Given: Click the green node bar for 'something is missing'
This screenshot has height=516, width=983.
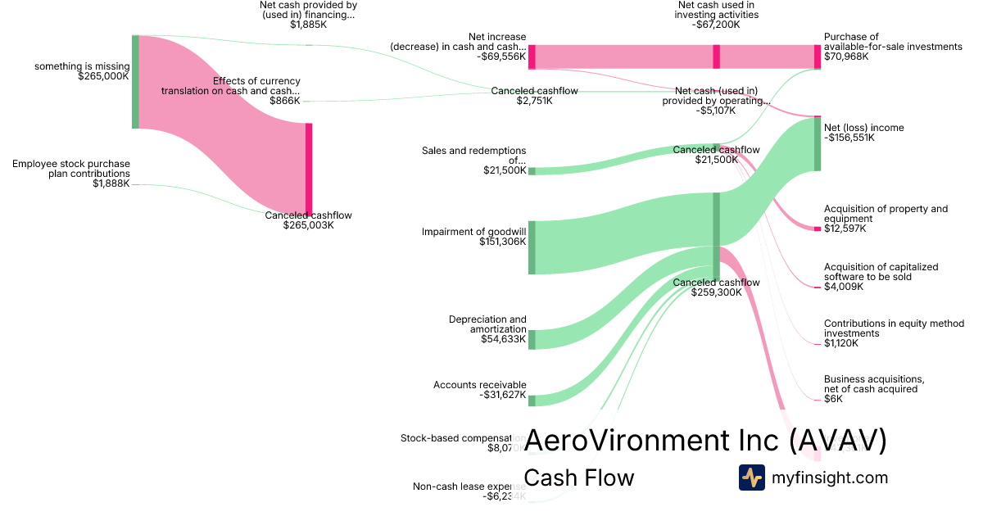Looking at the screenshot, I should tap(135, 82).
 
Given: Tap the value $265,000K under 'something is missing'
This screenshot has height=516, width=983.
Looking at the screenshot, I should tap(104, 76).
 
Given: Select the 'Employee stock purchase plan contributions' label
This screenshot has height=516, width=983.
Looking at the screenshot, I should tap(71, 169).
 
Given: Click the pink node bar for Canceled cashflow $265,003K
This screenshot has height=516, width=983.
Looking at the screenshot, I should tap(309, 168).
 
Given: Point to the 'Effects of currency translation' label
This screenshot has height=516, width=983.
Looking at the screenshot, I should tap(231, 86).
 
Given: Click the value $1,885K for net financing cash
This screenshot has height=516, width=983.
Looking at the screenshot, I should tap(308, 25).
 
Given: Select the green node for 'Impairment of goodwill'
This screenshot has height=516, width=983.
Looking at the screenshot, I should tap(532, 247).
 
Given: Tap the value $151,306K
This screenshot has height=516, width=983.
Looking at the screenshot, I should tap(503, 242).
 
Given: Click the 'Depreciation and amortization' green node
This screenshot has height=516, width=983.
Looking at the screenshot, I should tap(532, 339).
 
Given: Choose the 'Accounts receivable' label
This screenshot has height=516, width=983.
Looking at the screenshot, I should tap(480, 385).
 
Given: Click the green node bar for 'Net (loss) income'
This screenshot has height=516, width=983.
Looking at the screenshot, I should tap(817, 144).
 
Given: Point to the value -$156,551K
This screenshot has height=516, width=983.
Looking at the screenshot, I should tap(849, 138).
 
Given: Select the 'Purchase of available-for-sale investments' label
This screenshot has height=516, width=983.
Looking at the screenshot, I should tap(893, 42).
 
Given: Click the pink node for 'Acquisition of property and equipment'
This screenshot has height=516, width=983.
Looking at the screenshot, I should tap(817, 229).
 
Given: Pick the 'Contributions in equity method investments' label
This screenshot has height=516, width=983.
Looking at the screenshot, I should tap(894, 328).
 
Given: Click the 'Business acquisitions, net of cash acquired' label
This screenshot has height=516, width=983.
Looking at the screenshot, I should tap(873, 384).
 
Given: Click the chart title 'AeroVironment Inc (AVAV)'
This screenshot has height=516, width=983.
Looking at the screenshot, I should tap(705, 441).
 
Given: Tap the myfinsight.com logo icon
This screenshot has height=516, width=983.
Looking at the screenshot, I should tap(751, 478).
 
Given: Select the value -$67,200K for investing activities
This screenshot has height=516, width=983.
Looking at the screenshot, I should tap(718, 25).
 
